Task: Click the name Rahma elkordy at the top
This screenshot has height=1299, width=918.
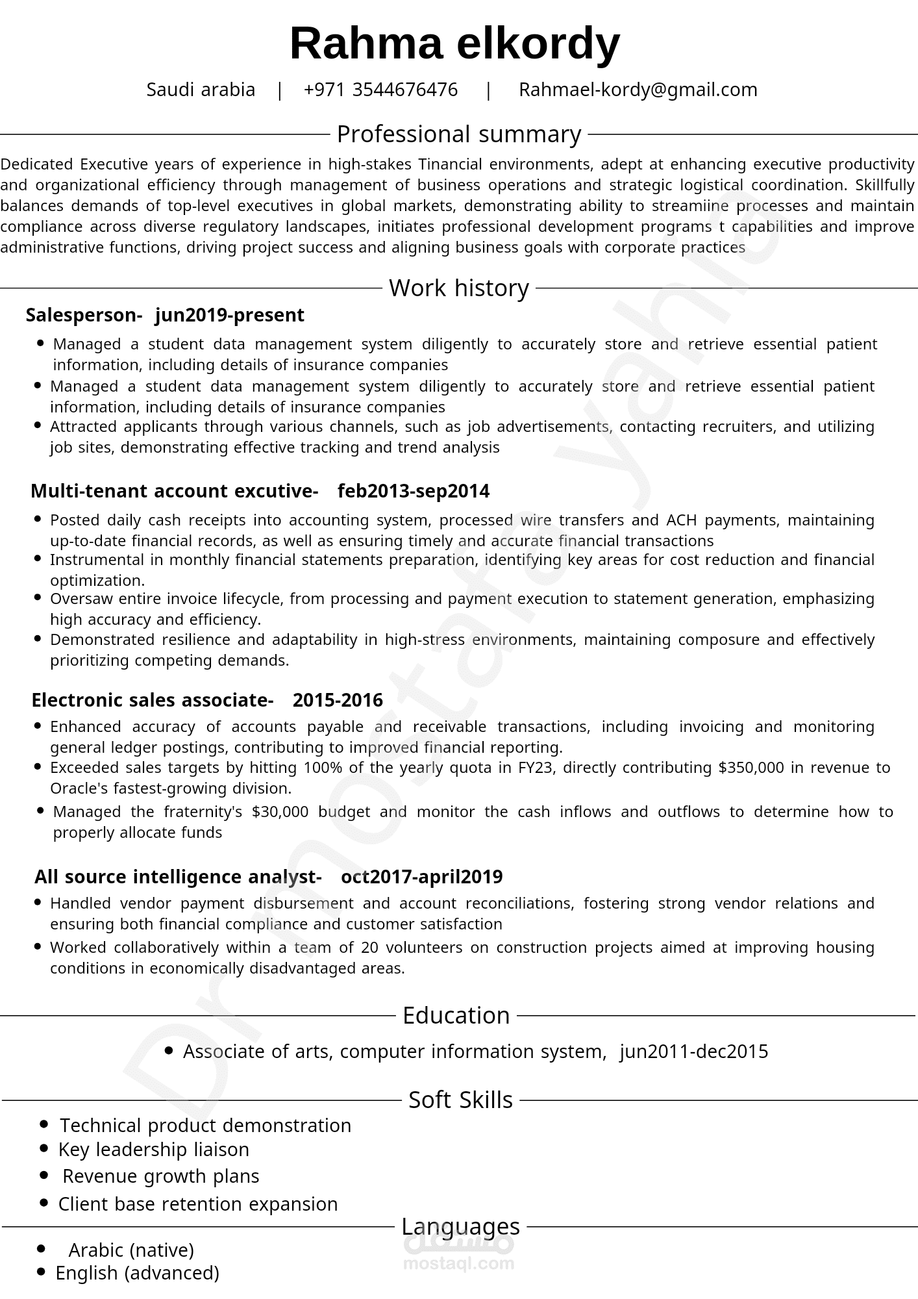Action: (x=454, y=44)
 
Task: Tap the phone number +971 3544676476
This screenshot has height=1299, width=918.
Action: (x=380, y=90)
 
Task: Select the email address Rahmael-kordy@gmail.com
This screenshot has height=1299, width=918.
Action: (x=638, y=90)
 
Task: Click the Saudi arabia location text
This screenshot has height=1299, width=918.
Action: (x=201, y=90)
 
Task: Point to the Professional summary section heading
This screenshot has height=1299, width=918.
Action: (x=458, y=134)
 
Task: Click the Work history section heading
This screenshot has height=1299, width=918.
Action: (x=458, y=288)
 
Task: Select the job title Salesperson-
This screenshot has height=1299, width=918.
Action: (x=84, y=315)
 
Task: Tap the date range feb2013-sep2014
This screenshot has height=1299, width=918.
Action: (x=414, y=491)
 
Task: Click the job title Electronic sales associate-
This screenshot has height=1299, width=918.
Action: (x=152, y=700)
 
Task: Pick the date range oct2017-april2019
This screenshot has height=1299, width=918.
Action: (x=421, y=877)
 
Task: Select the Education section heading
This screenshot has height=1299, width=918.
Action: (x=456, y=1015)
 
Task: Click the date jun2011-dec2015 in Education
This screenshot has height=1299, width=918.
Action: (x=693, y=1052)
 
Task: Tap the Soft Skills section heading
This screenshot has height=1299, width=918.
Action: (x=460, y=1100)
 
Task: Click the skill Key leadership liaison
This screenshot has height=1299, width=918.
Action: (x=153, y=1150)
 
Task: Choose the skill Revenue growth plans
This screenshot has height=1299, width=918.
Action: (x=160, y=1176)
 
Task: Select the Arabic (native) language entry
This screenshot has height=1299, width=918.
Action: (x=131, y=1250)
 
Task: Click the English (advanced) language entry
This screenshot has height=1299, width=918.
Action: (x=137, y=1273)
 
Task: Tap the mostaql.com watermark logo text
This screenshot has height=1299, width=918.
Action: (x=458, y=1264)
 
